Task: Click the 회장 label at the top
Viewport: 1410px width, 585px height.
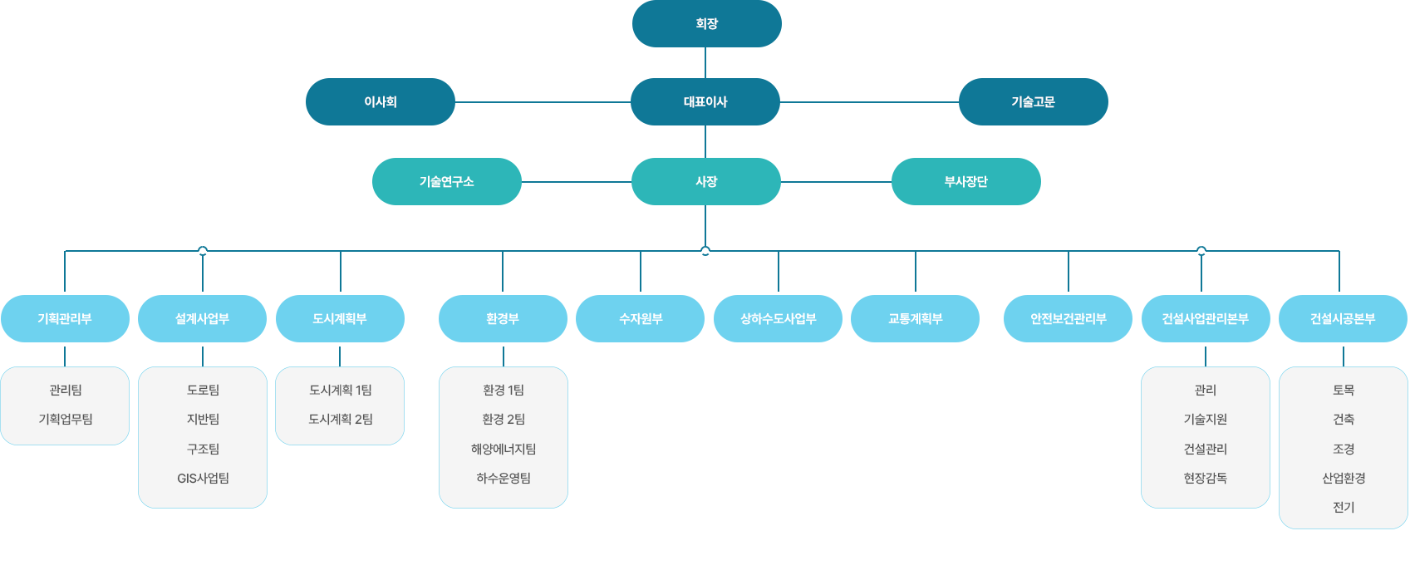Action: click(706, 24)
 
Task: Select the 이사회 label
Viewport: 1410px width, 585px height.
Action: click(381, 102)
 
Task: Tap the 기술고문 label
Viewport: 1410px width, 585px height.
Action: click(1033, 102)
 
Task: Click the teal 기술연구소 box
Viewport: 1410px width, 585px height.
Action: click(446, 182)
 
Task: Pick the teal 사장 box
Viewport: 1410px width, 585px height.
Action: click(706, 182)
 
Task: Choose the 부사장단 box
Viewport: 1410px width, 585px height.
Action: click(965, 182)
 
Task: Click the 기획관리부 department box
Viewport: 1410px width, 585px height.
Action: click(65, 318)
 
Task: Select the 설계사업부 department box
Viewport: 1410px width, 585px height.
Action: click(202, 318)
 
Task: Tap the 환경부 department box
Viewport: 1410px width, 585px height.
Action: click(503, 318)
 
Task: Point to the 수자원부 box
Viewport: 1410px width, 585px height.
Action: click(641, 318)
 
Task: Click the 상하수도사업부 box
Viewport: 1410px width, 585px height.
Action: click(778, 318)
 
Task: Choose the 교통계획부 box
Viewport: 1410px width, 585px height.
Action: click(915, 318)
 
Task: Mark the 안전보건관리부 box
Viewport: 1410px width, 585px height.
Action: click(1068, 318)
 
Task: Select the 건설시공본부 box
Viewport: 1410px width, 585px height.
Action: click(1343, 318)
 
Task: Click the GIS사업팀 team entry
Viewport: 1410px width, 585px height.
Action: click(203, 479)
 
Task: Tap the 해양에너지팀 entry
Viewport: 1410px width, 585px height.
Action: click(504, 450)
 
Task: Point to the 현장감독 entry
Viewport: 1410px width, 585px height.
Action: click(1205, 479)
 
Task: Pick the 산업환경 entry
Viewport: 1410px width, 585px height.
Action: click(1344, 479)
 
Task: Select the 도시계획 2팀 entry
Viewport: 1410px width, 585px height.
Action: click(340, 420)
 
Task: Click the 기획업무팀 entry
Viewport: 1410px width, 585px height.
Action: click(65, 420)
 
